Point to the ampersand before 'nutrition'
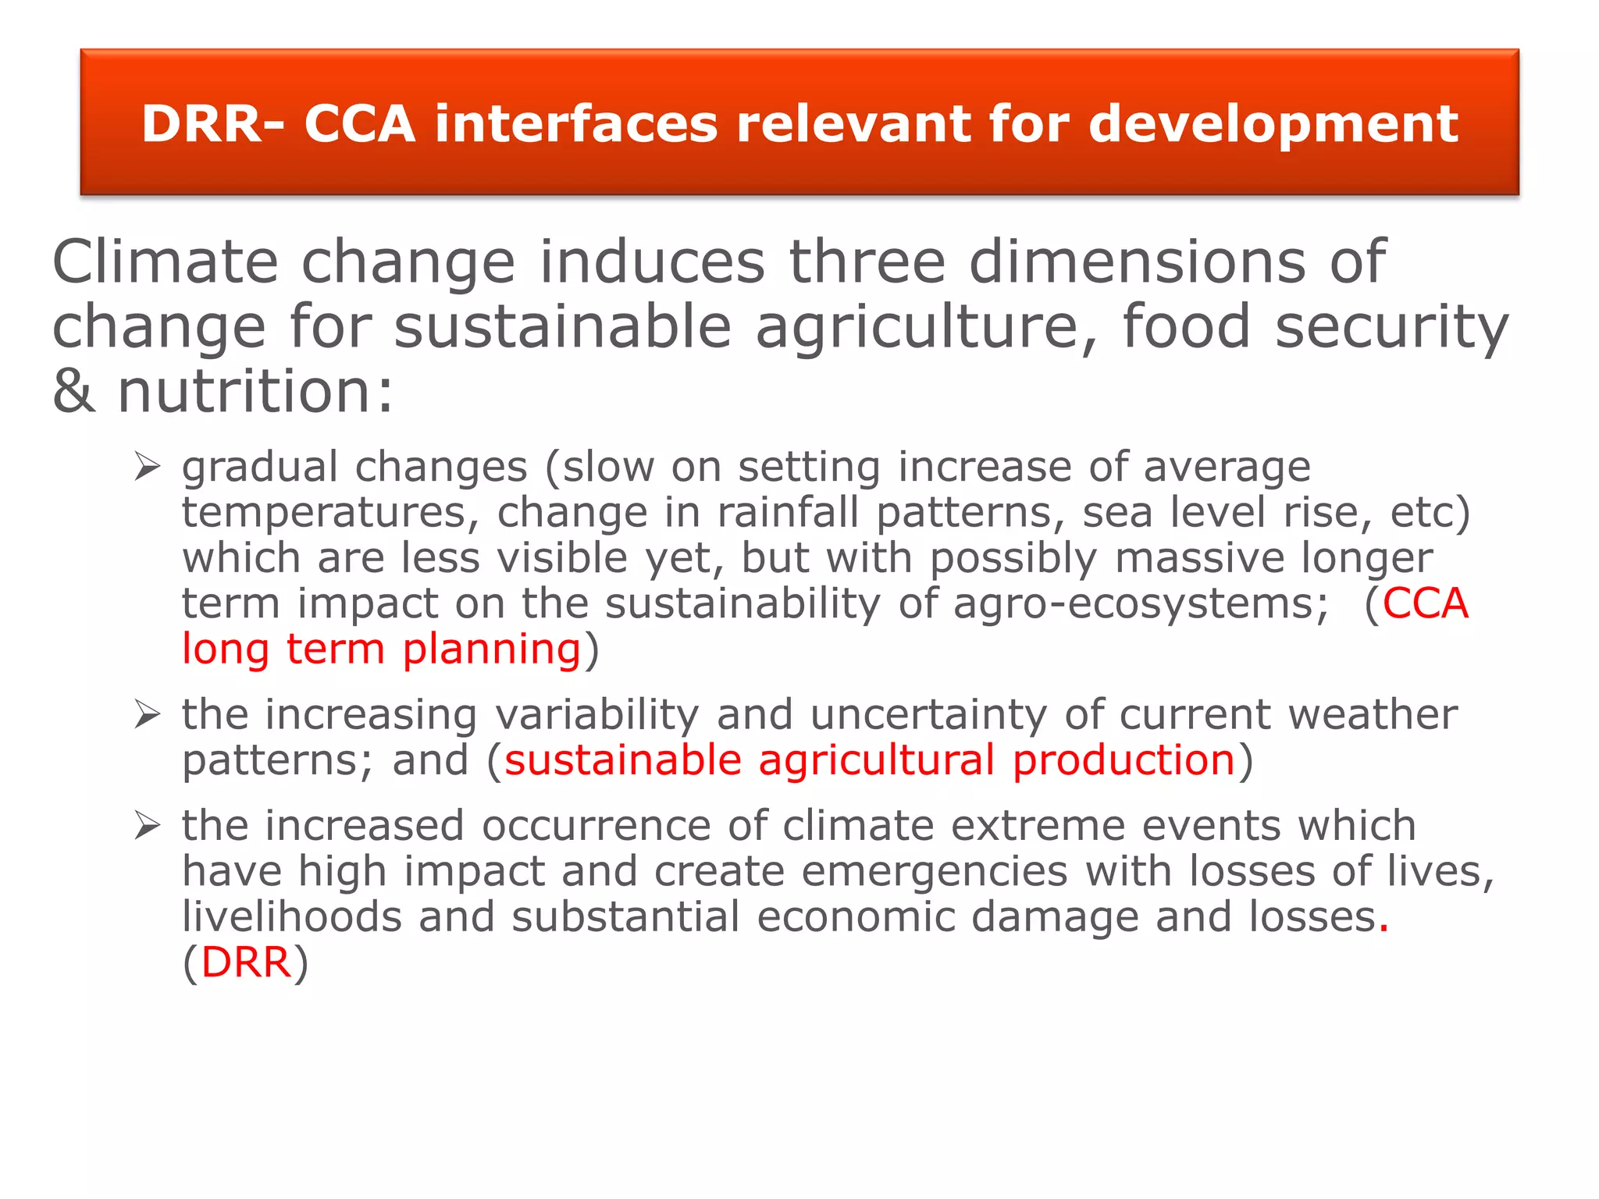[x=74, y=391]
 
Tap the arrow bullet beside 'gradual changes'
[x=147, y=467]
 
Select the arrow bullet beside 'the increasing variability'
[x=147, y=714]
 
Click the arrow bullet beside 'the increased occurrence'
[x=147, y=825]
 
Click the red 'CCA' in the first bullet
[x=1426, y=603]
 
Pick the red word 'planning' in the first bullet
[x=492, y=649]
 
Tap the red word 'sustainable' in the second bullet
[x=622, y=760]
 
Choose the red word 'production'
[x=1124, y=760]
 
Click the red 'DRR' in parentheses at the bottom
[x=246, y=962]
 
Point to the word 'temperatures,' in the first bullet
[x=330, y=514]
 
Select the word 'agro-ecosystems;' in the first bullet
[x=1141, y=605]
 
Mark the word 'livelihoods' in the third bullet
[x=292, y=916]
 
